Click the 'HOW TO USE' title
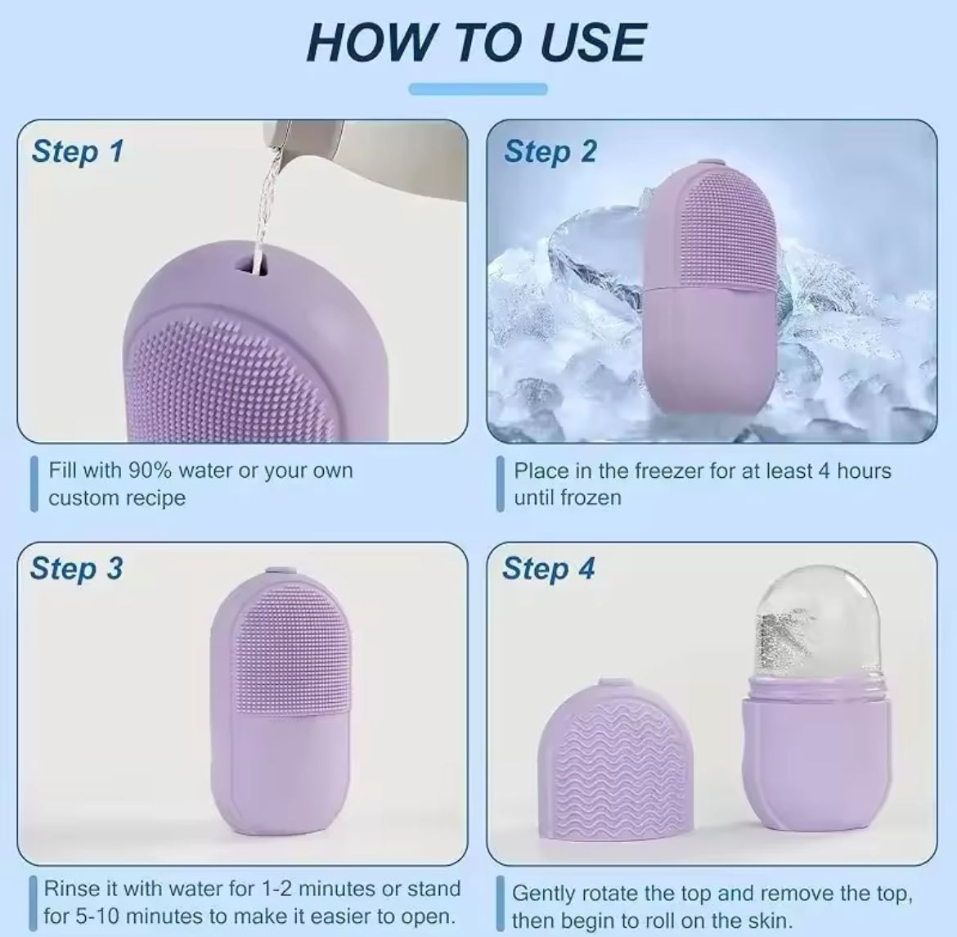pos(477,43)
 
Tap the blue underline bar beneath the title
pos(478,89)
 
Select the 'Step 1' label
pos(77,151)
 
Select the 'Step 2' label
pos(550,151)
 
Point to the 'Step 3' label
pos(76,568)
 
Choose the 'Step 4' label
pos(548,568)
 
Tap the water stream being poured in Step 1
pos(267,205)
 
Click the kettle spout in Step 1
pos(282,139)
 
